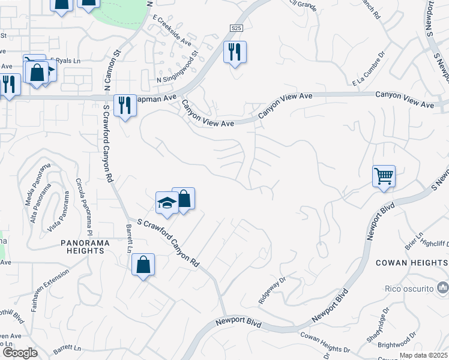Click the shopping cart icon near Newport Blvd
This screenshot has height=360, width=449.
[x=384, y=176]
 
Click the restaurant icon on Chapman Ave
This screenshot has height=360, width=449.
[x=125, y=106]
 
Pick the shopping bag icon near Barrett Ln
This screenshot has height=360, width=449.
[x=143, y=265]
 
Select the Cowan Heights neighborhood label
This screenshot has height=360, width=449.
[x=412, y=263]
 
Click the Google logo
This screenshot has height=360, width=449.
[x=20, y=352]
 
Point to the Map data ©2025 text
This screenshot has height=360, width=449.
[x=416, y=355]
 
